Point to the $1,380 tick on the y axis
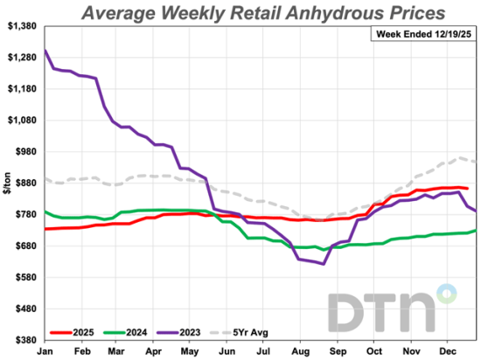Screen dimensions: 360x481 tap(22, 26)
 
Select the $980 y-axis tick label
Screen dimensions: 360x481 tap(25, 152)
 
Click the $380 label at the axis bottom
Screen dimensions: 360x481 tap(25, 340)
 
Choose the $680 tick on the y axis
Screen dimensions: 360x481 tap(25, 246)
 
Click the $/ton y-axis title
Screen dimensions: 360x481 tap(6, 183)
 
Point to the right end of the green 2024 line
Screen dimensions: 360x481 tap(476, 231)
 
